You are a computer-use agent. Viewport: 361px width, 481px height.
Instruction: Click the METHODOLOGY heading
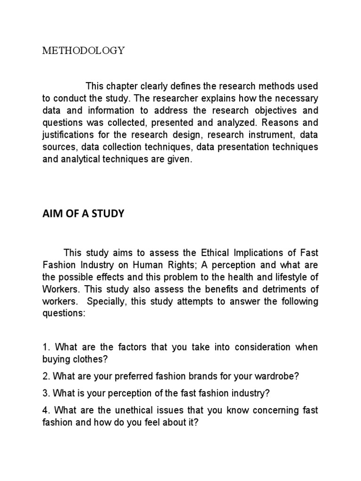84,51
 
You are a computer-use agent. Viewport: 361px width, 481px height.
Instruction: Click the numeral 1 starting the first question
45,347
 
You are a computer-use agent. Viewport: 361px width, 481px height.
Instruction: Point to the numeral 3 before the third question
45,393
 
